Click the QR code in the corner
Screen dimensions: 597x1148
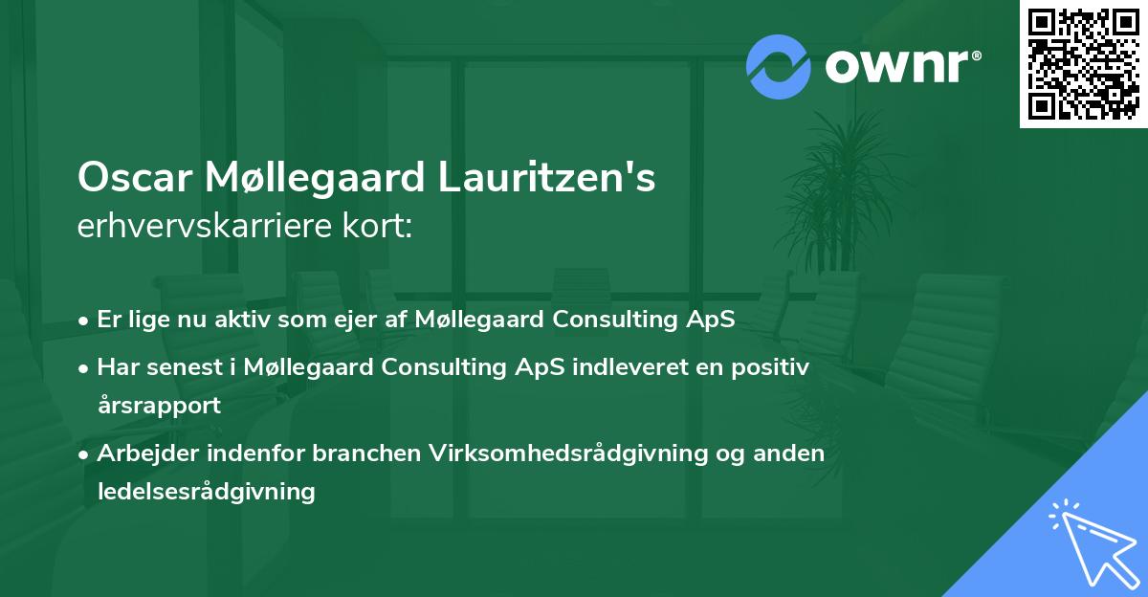point(1084,64)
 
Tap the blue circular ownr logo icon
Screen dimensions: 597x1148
point(779,67)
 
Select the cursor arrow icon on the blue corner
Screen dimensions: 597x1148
point(1091,540)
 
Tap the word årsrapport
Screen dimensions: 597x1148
point(159,406)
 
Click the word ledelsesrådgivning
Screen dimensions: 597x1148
point(206,492)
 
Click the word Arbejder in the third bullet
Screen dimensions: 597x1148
point(138,453)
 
